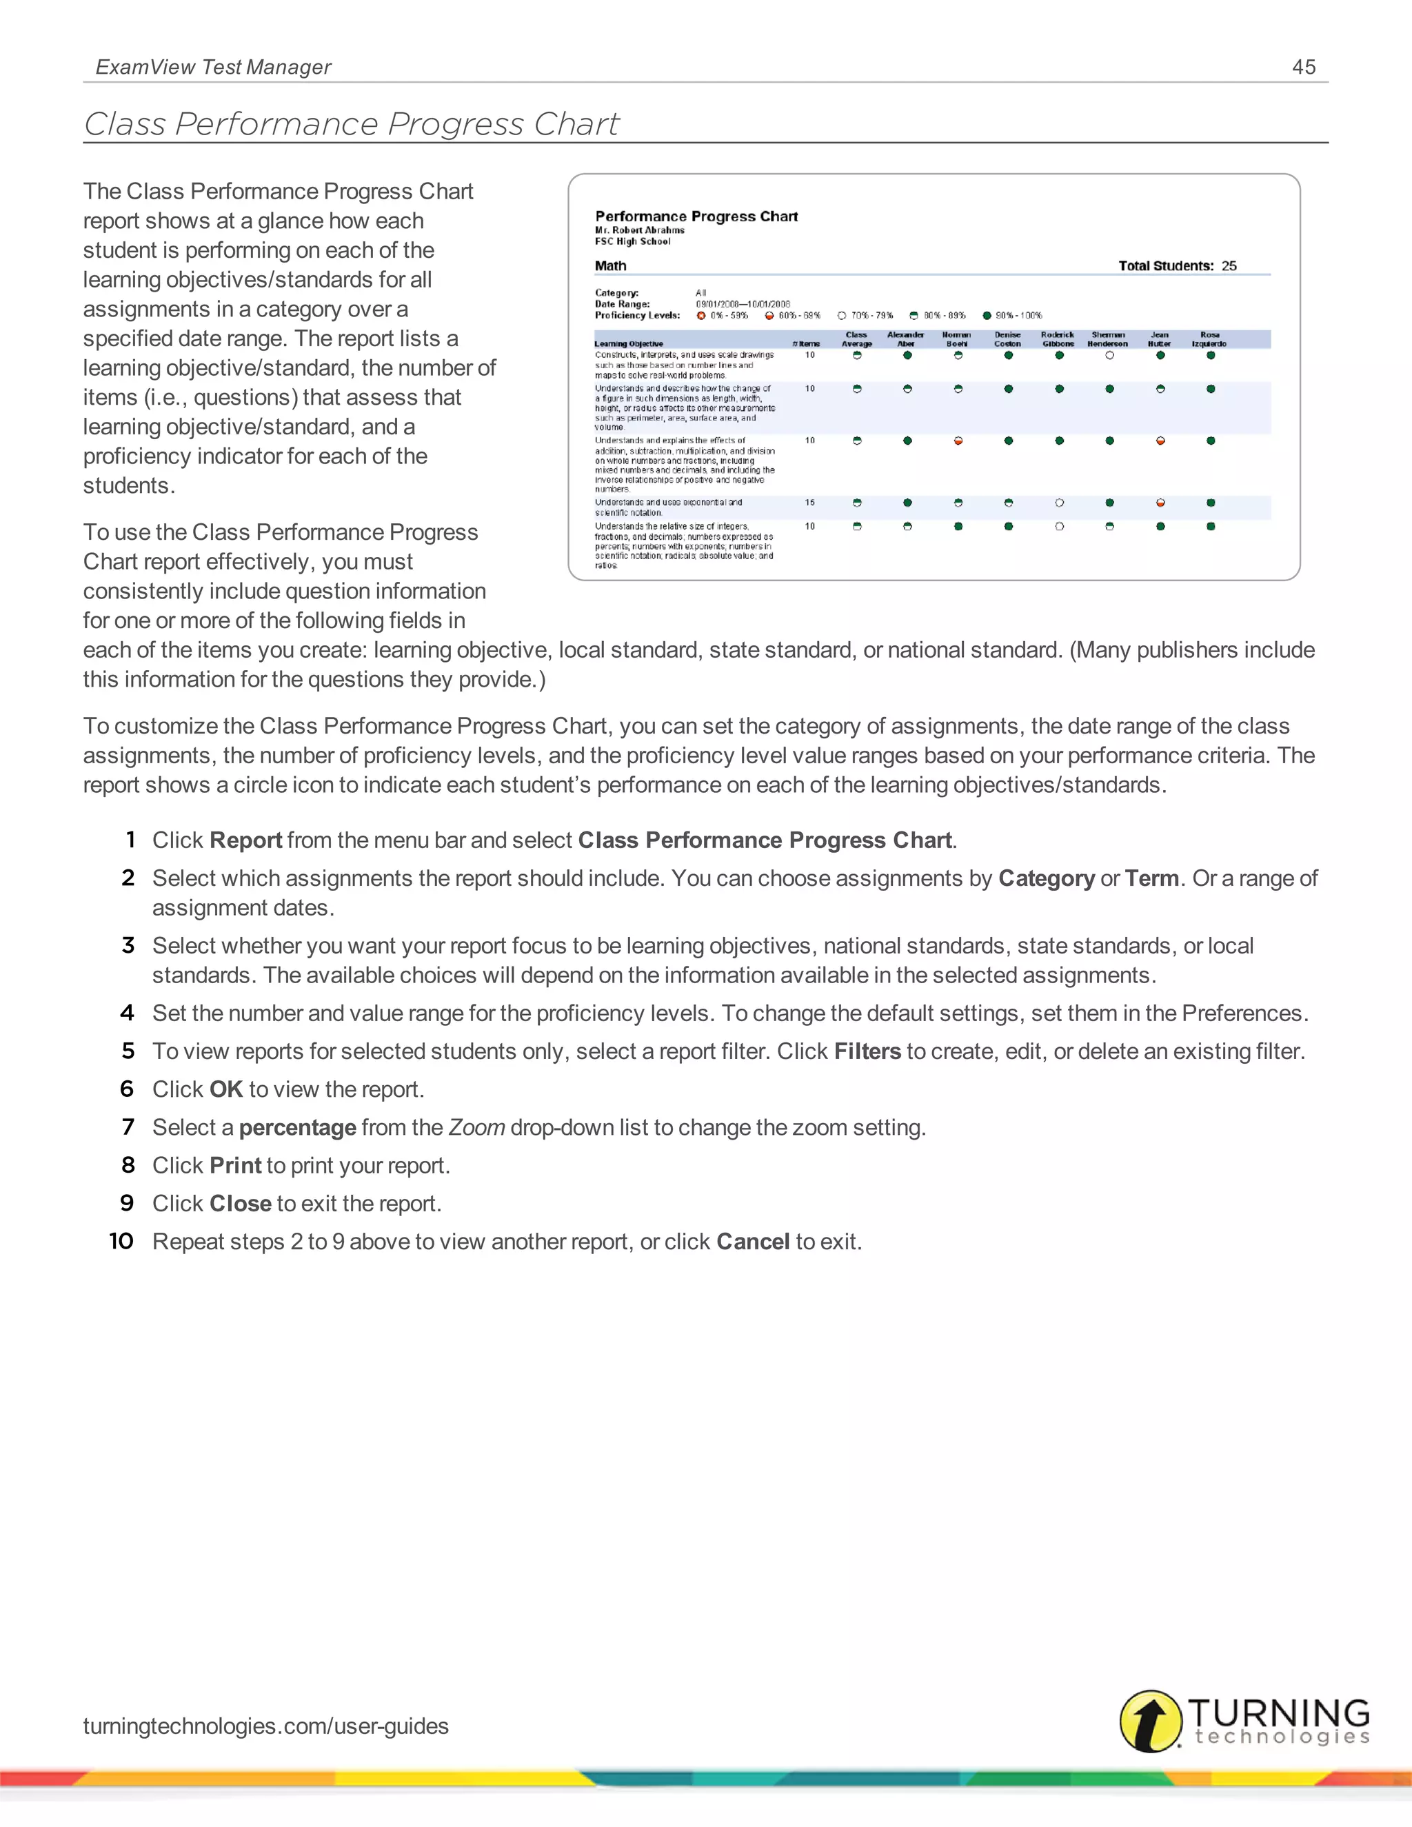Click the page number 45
pos(1303,67)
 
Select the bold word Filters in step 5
pos(867,1051)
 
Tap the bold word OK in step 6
pos(226,1089)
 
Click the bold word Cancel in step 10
pos(752,1242)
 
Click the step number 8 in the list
pos(128,1165)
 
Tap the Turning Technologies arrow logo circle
pos(1150,1721)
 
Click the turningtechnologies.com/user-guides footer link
pos(265,1726)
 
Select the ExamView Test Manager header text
pos(213,67)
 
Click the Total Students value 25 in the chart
pos(1228,266)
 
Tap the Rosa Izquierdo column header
pos(1209,339)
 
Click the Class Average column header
pos(856,339)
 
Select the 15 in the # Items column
pos(809,503)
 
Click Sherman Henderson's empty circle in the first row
pos(1109,356)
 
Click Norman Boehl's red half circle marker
pos(958,441)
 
